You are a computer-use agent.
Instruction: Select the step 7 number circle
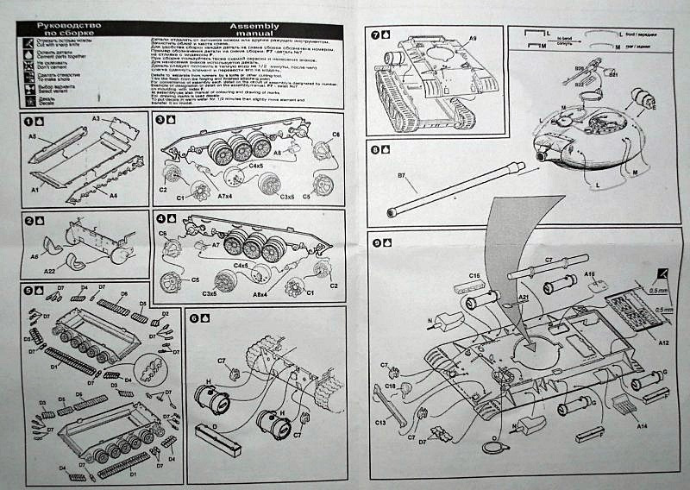(375, 35)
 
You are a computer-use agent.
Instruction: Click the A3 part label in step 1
(97, 117)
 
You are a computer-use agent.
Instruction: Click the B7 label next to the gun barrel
(402, 177)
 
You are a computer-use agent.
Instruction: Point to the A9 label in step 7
(474, 40)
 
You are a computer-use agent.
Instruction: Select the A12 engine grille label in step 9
(664, 342)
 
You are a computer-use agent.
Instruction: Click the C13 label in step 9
(380, 422)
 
